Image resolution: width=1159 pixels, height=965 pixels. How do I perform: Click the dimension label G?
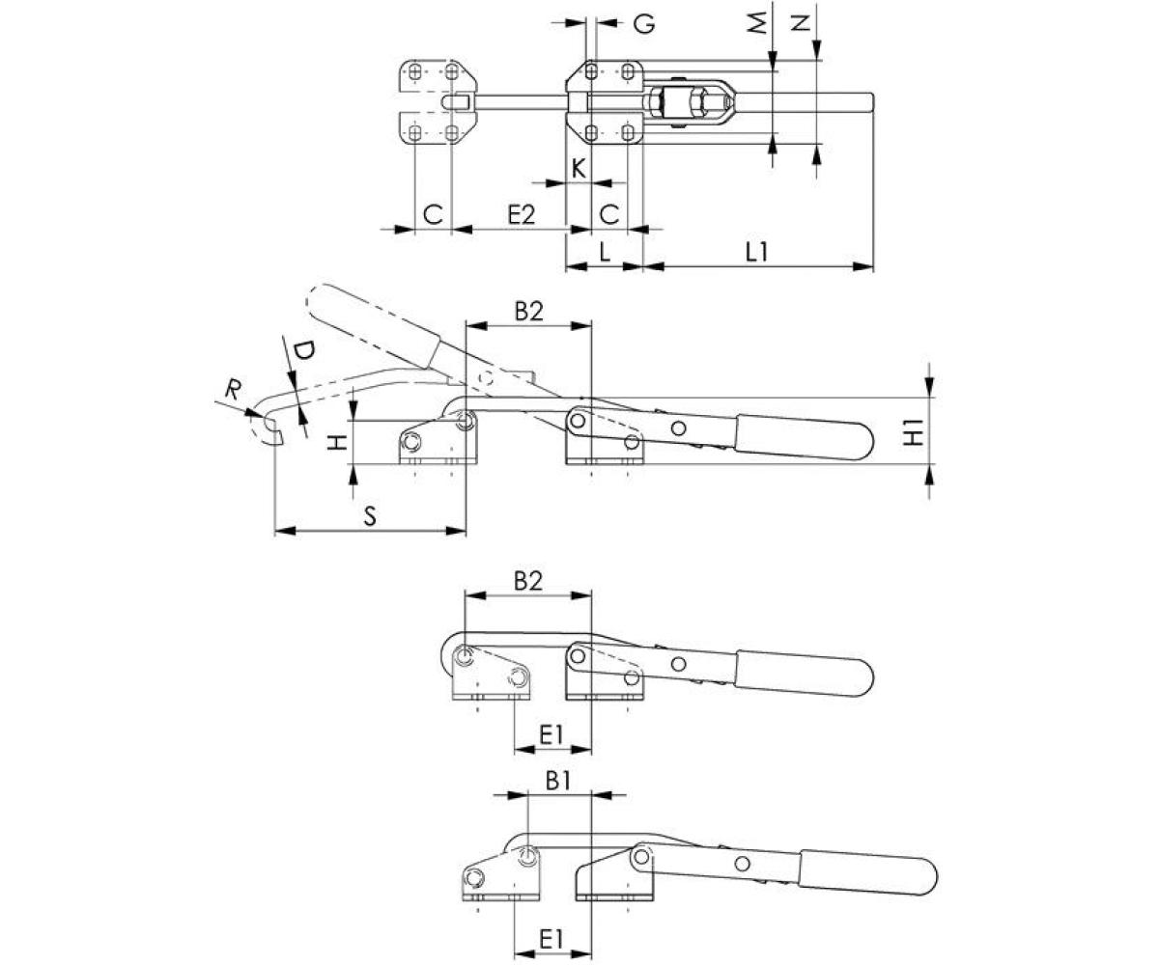(644, 23)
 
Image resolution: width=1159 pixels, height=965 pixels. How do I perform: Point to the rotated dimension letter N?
(799, 22)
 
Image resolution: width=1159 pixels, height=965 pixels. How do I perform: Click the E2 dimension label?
(521, 214)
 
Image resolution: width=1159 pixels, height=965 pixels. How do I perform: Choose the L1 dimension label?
(757, 252)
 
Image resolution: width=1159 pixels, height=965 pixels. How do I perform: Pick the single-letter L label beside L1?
(604, 252)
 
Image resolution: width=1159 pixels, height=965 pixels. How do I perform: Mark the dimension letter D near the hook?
(302, 352)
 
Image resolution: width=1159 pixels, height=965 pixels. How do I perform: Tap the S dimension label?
(370, 516)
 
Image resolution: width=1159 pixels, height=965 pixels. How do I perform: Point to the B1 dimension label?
(559, 781)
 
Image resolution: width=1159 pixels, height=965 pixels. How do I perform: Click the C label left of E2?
(433, 214)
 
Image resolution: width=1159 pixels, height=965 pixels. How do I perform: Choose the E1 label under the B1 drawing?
(551, 937)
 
